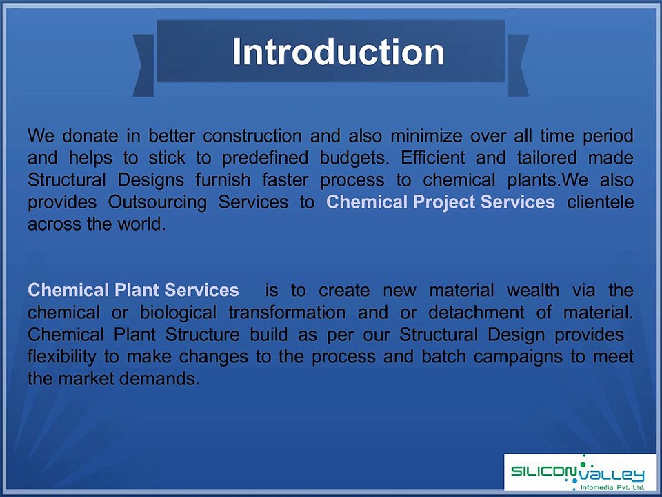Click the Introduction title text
338,52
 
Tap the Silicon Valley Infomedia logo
578,474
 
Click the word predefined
264,157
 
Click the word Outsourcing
157,202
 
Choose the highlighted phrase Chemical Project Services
440,202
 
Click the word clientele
600,202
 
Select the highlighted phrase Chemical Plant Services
133,290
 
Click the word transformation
287,312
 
